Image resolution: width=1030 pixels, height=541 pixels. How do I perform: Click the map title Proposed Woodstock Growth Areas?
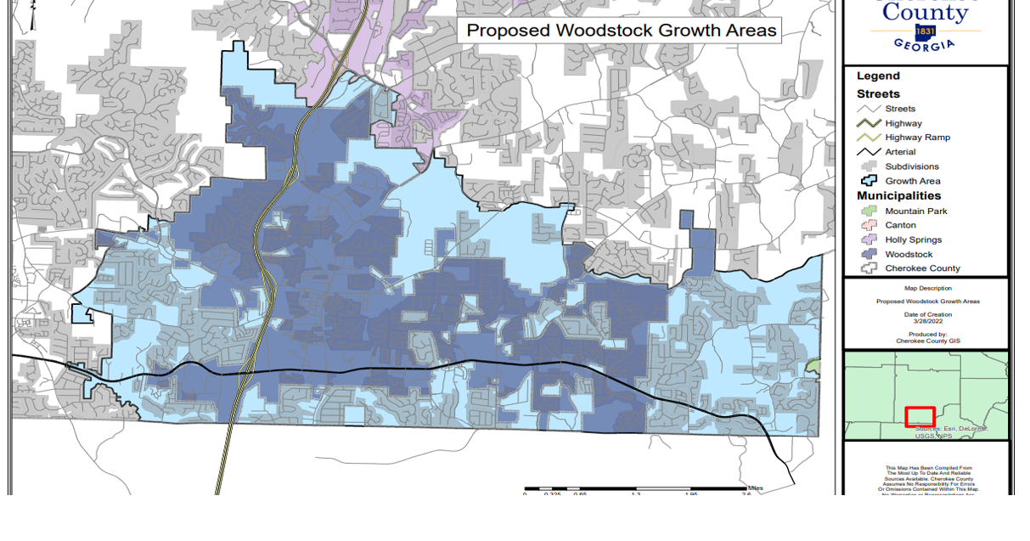click(x=622, y=31)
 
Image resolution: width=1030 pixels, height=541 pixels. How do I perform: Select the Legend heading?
click(x=878, y=76)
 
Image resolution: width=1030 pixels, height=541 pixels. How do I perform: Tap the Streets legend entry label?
click(x=900, y=109)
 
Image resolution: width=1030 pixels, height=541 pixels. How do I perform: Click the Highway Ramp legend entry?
click(x=917, y=138)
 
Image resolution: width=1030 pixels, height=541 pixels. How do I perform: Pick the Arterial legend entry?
click(x=900, y=152)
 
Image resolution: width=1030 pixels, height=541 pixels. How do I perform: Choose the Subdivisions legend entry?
click(x=912, y=166)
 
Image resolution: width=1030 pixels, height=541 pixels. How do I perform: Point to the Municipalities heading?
click(x=898, y=196)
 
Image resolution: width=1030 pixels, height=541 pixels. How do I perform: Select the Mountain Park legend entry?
click(x=915, y=211)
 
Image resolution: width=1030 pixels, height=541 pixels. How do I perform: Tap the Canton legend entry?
click(x=900, y=225)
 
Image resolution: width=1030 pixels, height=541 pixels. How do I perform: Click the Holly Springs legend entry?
click(x=913, y=240)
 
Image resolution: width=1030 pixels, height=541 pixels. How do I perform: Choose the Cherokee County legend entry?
click(x=922, y=268)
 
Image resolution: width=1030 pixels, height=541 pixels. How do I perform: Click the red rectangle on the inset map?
click(x=920, y=417)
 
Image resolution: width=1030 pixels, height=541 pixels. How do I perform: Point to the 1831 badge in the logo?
click(x=926, y=31)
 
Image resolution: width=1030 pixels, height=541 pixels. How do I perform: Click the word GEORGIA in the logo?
click(x=925, y=45)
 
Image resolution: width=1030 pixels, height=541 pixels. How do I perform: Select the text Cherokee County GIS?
click(x=927, y=341)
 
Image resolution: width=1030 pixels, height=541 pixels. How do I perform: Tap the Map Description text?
click(x=927, y=289)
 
